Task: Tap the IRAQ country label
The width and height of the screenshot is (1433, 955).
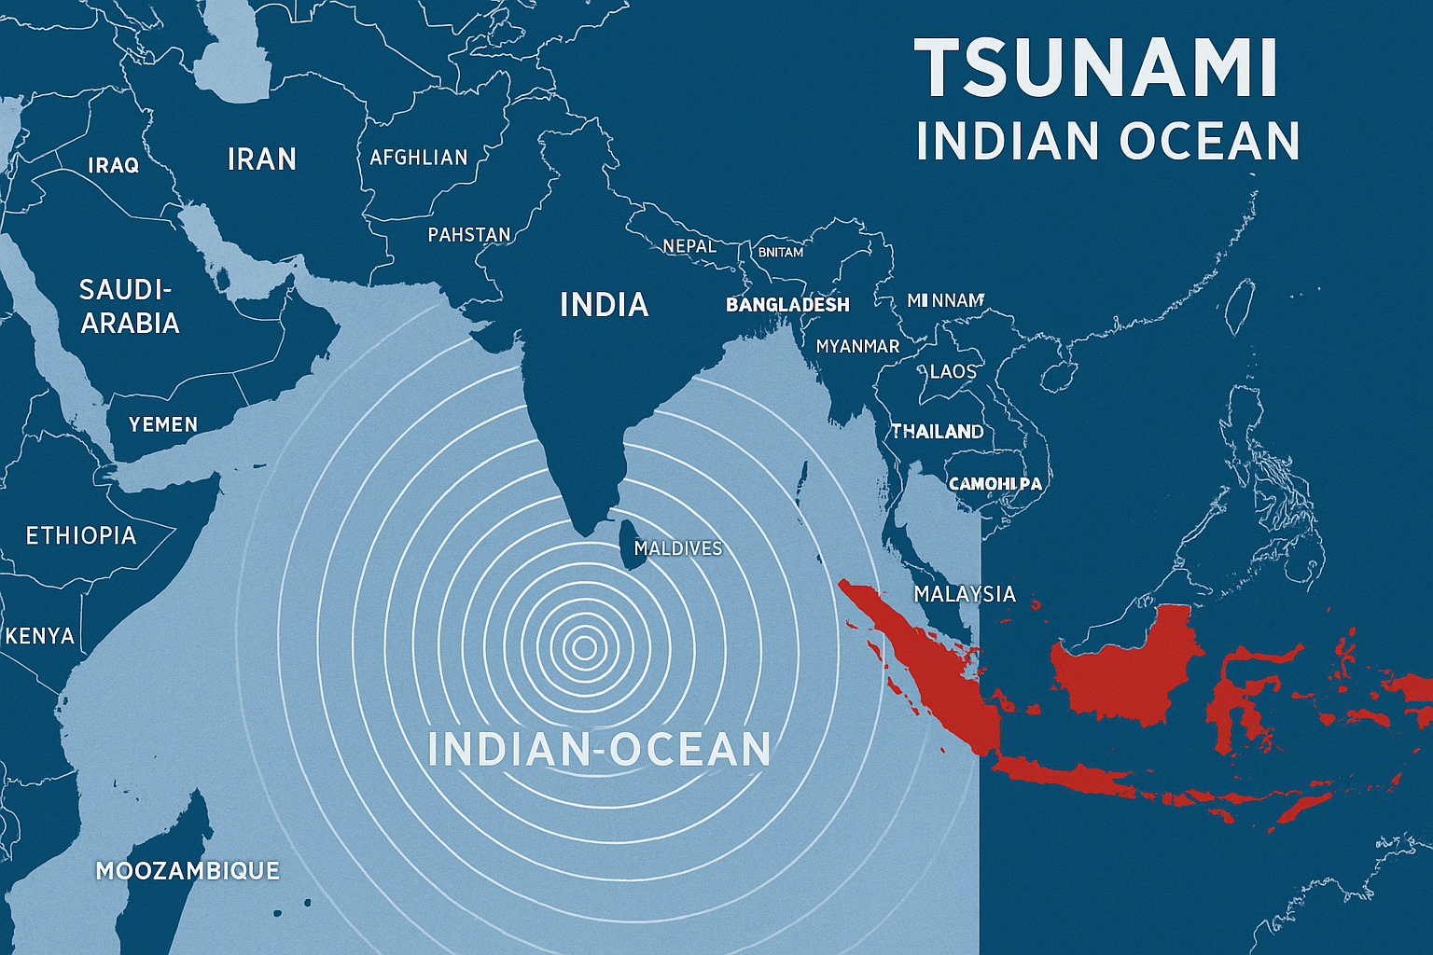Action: pyautogui.click(x=114, y=165)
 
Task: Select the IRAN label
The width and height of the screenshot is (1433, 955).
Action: pyautogui.click(x=262, y=159)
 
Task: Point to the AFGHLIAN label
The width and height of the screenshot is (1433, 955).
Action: pyautogui.click(x=419, y=158)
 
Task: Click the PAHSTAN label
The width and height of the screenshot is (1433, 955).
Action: pyautogui.click(x=469, y=234)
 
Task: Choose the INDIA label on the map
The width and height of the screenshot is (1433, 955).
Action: pyautogui.click(x=604, y=305)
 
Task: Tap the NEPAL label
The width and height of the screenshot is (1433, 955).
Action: pyautogui.click(x=689, y=246)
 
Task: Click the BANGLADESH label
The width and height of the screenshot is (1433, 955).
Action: pyautogui.click(x=787, y=305)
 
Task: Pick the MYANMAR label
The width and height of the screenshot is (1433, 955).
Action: pyautogui.click(x=857, y=346)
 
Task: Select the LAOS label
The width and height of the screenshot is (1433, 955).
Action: pyautogui.click(x=953, y=371)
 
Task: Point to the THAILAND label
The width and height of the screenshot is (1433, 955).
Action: pyautogui.click(x=937, y=431)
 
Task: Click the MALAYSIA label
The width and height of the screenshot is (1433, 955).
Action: pyautogui.click(x=965, y=594)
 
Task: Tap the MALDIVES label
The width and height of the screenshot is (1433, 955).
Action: pyautogui.click(x=678, y=548)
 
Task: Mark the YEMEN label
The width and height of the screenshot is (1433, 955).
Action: pyautogui.click(x=163, y=424)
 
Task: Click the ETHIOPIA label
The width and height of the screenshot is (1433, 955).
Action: pyautogui.click(x=81, y=535)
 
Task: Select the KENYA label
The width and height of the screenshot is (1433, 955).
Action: pyautogui.click(x=40, y=636)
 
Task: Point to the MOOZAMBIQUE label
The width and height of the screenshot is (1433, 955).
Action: pyautogui.click(x=188, y=870)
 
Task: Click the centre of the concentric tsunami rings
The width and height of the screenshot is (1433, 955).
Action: pyautogui.click(x=585, y=646)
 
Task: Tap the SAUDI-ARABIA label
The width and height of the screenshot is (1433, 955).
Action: pyautogui.click(x=130, y=306)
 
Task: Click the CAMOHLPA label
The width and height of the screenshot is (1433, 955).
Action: pyautogui.click(x=995, y=484)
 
